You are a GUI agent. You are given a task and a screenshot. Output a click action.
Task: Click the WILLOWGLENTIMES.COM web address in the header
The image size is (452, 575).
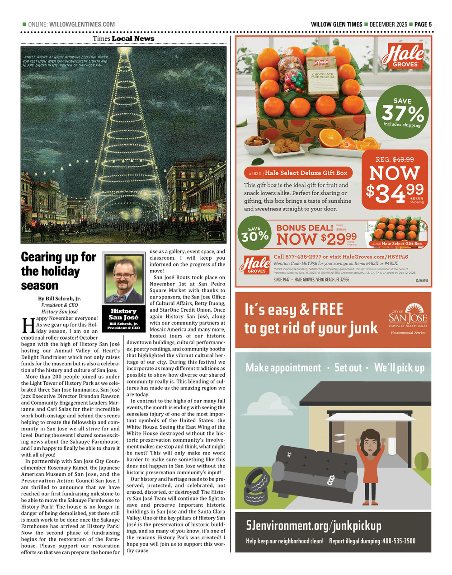click(81, 24)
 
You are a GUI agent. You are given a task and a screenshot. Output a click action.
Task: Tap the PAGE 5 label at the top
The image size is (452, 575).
click(424, 24)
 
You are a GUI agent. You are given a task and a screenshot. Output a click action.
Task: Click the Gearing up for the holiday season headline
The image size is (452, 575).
click(59, 271)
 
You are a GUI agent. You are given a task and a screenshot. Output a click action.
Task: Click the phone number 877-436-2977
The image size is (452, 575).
click(303, 257)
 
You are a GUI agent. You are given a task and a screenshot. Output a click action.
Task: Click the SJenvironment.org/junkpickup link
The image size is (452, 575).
click(314, 525)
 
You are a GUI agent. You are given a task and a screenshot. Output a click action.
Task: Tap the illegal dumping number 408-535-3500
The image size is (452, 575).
click(398, 541)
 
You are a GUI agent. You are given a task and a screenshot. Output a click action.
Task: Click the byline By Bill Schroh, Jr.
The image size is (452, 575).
click(59, 299)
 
